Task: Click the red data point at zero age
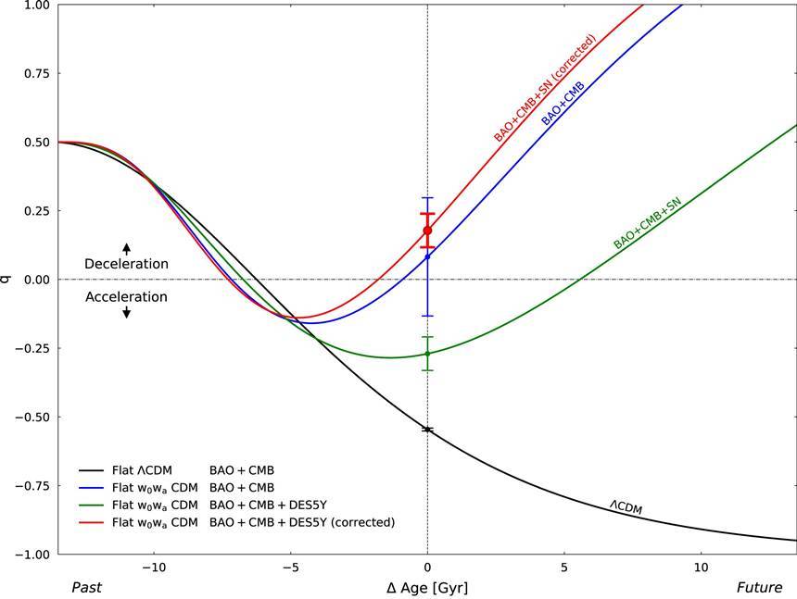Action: (427, 231)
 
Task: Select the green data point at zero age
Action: (427, 354)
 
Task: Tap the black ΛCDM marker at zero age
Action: (427, 430)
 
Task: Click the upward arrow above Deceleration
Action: (127, 248)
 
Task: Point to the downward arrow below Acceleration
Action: (127, 313)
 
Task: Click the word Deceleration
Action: (126, 264)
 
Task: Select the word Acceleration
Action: (126, 297)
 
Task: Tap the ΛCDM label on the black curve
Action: (626, 506)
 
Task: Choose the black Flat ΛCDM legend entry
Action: (139, 471)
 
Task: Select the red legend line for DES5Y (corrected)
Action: (91, 522)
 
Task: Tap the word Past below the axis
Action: (86, 587)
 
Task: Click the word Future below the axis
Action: (758, 587)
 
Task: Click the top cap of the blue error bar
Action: (427, 197)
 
